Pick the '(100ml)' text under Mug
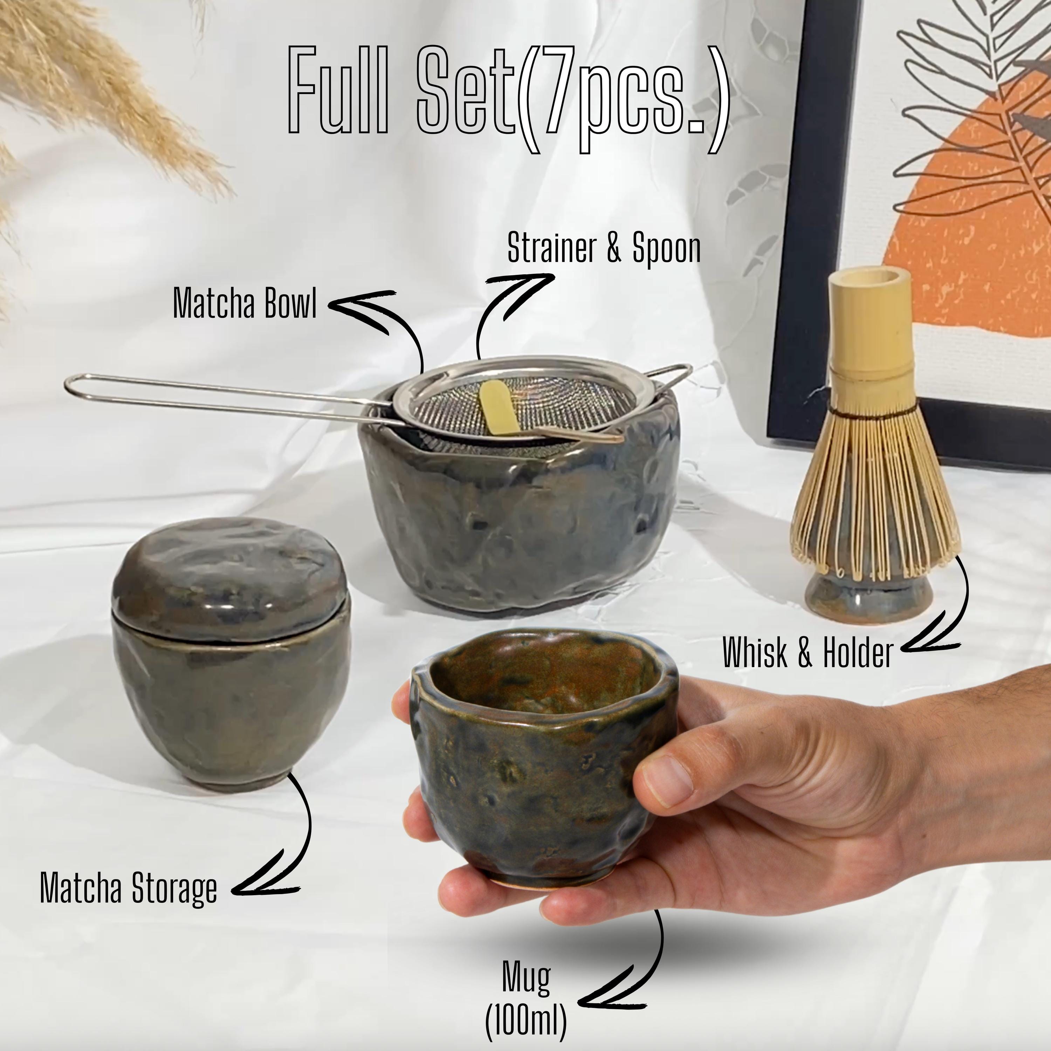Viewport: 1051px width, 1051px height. click(x=525, y=1019)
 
